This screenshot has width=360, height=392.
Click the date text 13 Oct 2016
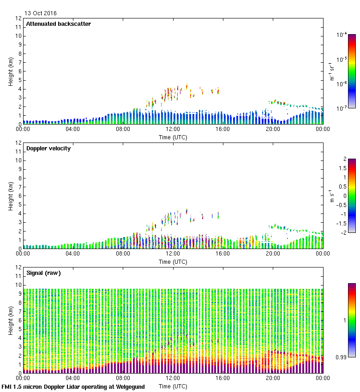click(x=41, y=13)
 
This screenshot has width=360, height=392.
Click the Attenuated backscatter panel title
click(x=58, y=24)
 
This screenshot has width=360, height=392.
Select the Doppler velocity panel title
click(x=48, y=148)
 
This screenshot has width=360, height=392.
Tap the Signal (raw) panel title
click(x=43, y=273)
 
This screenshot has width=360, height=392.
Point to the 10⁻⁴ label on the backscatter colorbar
click(x=342, y=35)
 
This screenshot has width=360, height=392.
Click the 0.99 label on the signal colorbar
click(x=341, y=357)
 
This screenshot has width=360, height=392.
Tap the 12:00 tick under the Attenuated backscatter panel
click(x=173, y=129)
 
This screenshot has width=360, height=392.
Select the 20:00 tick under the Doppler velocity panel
click(x=272, y=254)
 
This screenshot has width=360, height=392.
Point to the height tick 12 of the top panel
click(x=19, y=18)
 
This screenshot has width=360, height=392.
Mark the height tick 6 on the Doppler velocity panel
click(x=19, y=196)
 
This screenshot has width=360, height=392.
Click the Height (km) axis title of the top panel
click(x=10, y=71)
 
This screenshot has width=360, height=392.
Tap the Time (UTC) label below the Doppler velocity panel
click(x=173, y=261)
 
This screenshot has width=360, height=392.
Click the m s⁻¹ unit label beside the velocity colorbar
click(x=331, y=196)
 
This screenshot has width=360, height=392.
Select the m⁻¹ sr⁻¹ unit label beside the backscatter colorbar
click(x=331, y=71)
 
